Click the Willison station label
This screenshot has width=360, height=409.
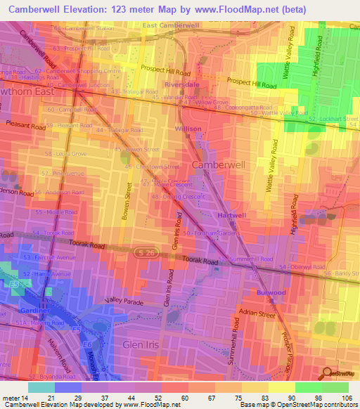[188, 129]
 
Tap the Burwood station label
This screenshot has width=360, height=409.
[271, 292]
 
